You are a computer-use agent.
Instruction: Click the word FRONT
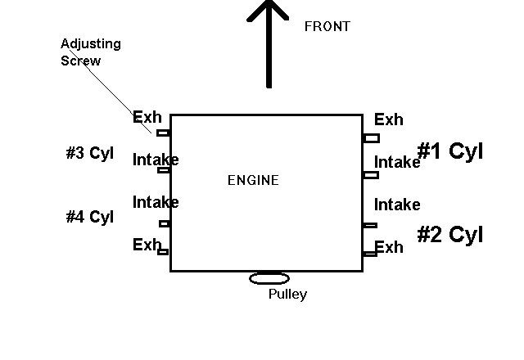click(x=327, y=26)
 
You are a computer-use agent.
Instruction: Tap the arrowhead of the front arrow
click(x=268, y=10)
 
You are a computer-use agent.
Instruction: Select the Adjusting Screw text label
click(x=91, y=52)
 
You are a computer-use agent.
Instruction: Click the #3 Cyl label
click(x=89, y=153)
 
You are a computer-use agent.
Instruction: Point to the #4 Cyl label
click(x=89, y=217)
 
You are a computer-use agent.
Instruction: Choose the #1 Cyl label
click(x=449, y=151)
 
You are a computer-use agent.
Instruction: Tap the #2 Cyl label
click(x=449, y=235)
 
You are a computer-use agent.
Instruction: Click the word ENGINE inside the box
click(x=253, y=180)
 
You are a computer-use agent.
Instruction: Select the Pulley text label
click(x=287, y=295)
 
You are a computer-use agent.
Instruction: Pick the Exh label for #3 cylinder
click(x=147, y=118)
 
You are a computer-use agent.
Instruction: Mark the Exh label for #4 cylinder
click(x=147, y=244)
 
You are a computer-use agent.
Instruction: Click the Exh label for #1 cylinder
click(x=388, y=120)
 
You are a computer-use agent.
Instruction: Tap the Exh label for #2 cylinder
click(x=389, y=247)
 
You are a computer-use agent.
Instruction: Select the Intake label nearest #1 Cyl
click(x=397, y=162)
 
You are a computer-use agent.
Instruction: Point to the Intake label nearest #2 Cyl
click(x=397, y=205)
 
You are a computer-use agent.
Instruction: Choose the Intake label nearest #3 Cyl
click(x=156, y=160)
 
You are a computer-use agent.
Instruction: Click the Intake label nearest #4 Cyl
click(x=156, y=202)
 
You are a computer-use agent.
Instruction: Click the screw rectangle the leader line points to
click(x=163, y=133)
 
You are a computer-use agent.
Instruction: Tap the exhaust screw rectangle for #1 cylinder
click(x=371, y=138)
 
